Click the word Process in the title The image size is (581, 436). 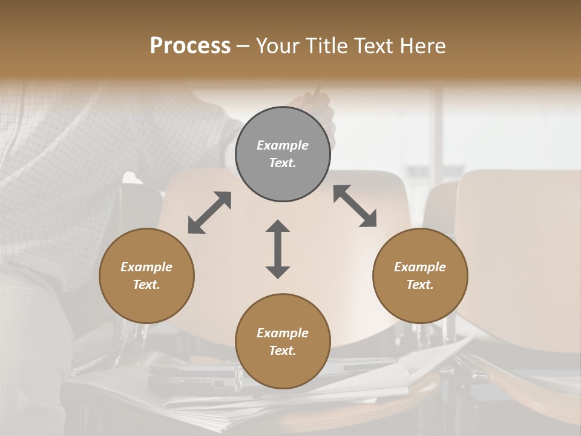190,46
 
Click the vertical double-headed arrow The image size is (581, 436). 278,249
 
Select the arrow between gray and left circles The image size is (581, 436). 209,213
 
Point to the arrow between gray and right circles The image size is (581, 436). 355,206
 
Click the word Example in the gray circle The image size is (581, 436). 283,145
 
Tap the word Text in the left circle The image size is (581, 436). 146,285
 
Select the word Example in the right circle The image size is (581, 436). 420,267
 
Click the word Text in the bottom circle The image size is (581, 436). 283,351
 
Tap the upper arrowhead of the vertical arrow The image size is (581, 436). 278,227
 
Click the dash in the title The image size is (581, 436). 243,47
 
